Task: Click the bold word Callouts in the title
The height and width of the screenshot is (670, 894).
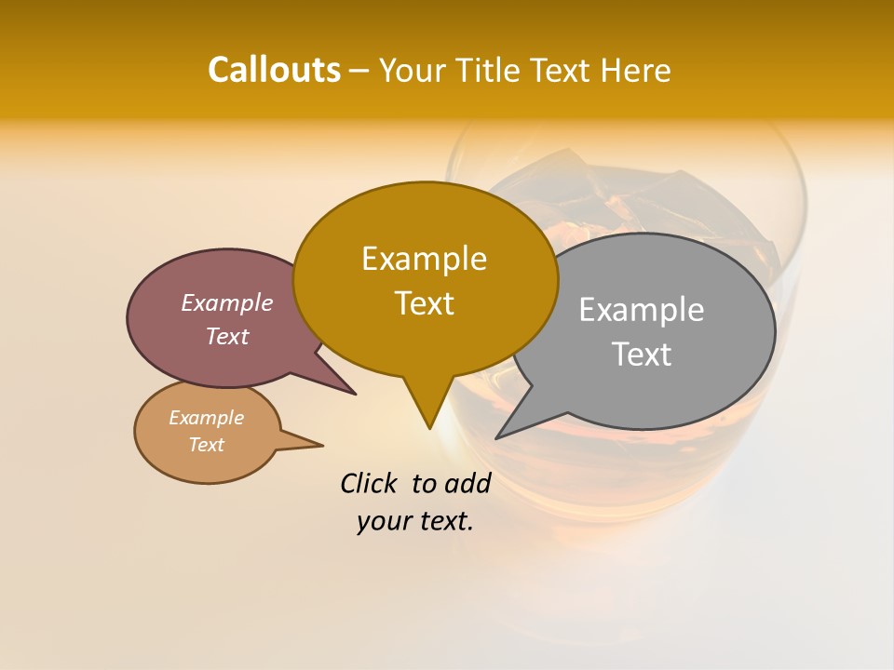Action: click(274, 70)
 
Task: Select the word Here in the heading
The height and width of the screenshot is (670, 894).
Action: click(636, 71)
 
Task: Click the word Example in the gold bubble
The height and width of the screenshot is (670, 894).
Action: click(424, 259)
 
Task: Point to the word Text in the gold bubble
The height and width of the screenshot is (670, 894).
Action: click(424, 303)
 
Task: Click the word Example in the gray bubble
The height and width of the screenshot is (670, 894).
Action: click(642, 310)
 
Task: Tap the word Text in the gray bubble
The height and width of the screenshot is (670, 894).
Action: click(642, 355)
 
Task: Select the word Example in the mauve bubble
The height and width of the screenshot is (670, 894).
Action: click(226, 303)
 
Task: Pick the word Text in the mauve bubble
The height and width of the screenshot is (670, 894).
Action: click(226, 336)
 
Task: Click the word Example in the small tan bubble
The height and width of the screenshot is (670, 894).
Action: click(206, 418)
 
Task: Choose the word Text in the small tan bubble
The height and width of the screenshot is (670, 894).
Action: click(206, 445)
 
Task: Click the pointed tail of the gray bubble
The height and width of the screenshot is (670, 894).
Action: click(503, 434)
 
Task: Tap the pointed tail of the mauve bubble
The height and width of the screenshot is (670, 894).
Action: click(349, 391)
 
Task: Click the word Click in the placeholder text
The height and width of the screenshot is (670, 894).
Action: click(371, 483)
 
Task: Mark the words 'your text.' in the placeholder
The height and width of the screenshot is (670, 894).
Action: click(414, 521)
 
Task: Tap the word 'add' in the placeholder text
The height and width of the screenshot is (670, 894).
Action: click(467, 483)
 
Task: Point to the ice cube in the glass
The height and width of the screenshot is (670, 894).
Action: click(670, 200)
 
